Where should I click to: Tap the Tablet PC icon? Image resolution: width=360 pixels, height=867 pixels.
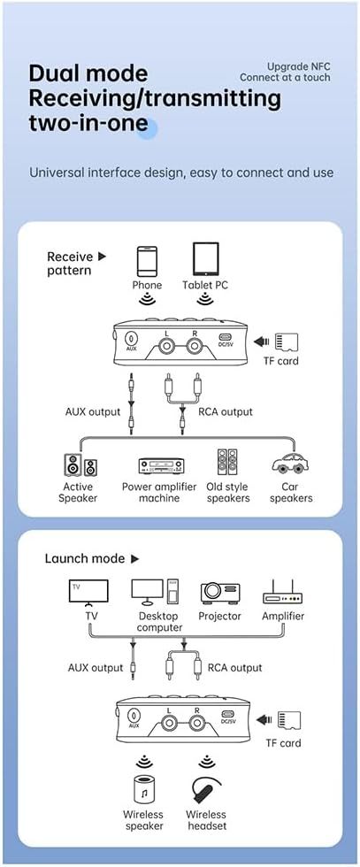[x=205, y=259]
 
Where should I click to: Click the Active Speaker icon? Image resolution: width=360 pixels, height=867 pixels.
[x=79, y=466]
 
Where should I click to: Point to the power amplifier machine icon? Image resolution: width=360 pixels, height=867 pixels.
[x=161, y=466]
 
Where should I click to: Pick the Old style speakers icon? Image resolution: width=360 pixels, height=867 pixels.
[x=228, y=464]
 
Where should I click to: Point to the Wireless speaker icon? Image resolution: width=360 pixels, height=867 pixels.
[x=142, y=790]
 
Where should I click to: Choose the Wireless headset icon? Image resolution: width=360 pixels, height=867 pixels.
[x=205, y=790]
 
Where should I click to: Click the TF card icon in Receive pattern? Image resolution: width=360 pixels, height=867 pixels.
[x=287, y=341]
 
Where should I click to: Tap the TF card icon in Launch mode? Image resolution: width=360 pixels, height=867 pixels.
[x=287, y=720]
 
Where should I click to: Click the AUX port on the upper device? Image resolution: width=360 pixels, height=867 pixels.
[x=132, y=340]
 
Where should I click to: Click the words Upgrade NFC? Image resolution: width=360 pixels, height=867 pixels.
[x=299, y=66]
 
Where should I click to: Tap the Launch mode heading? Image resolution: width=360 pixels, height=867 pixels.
[x=92, y=558]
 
